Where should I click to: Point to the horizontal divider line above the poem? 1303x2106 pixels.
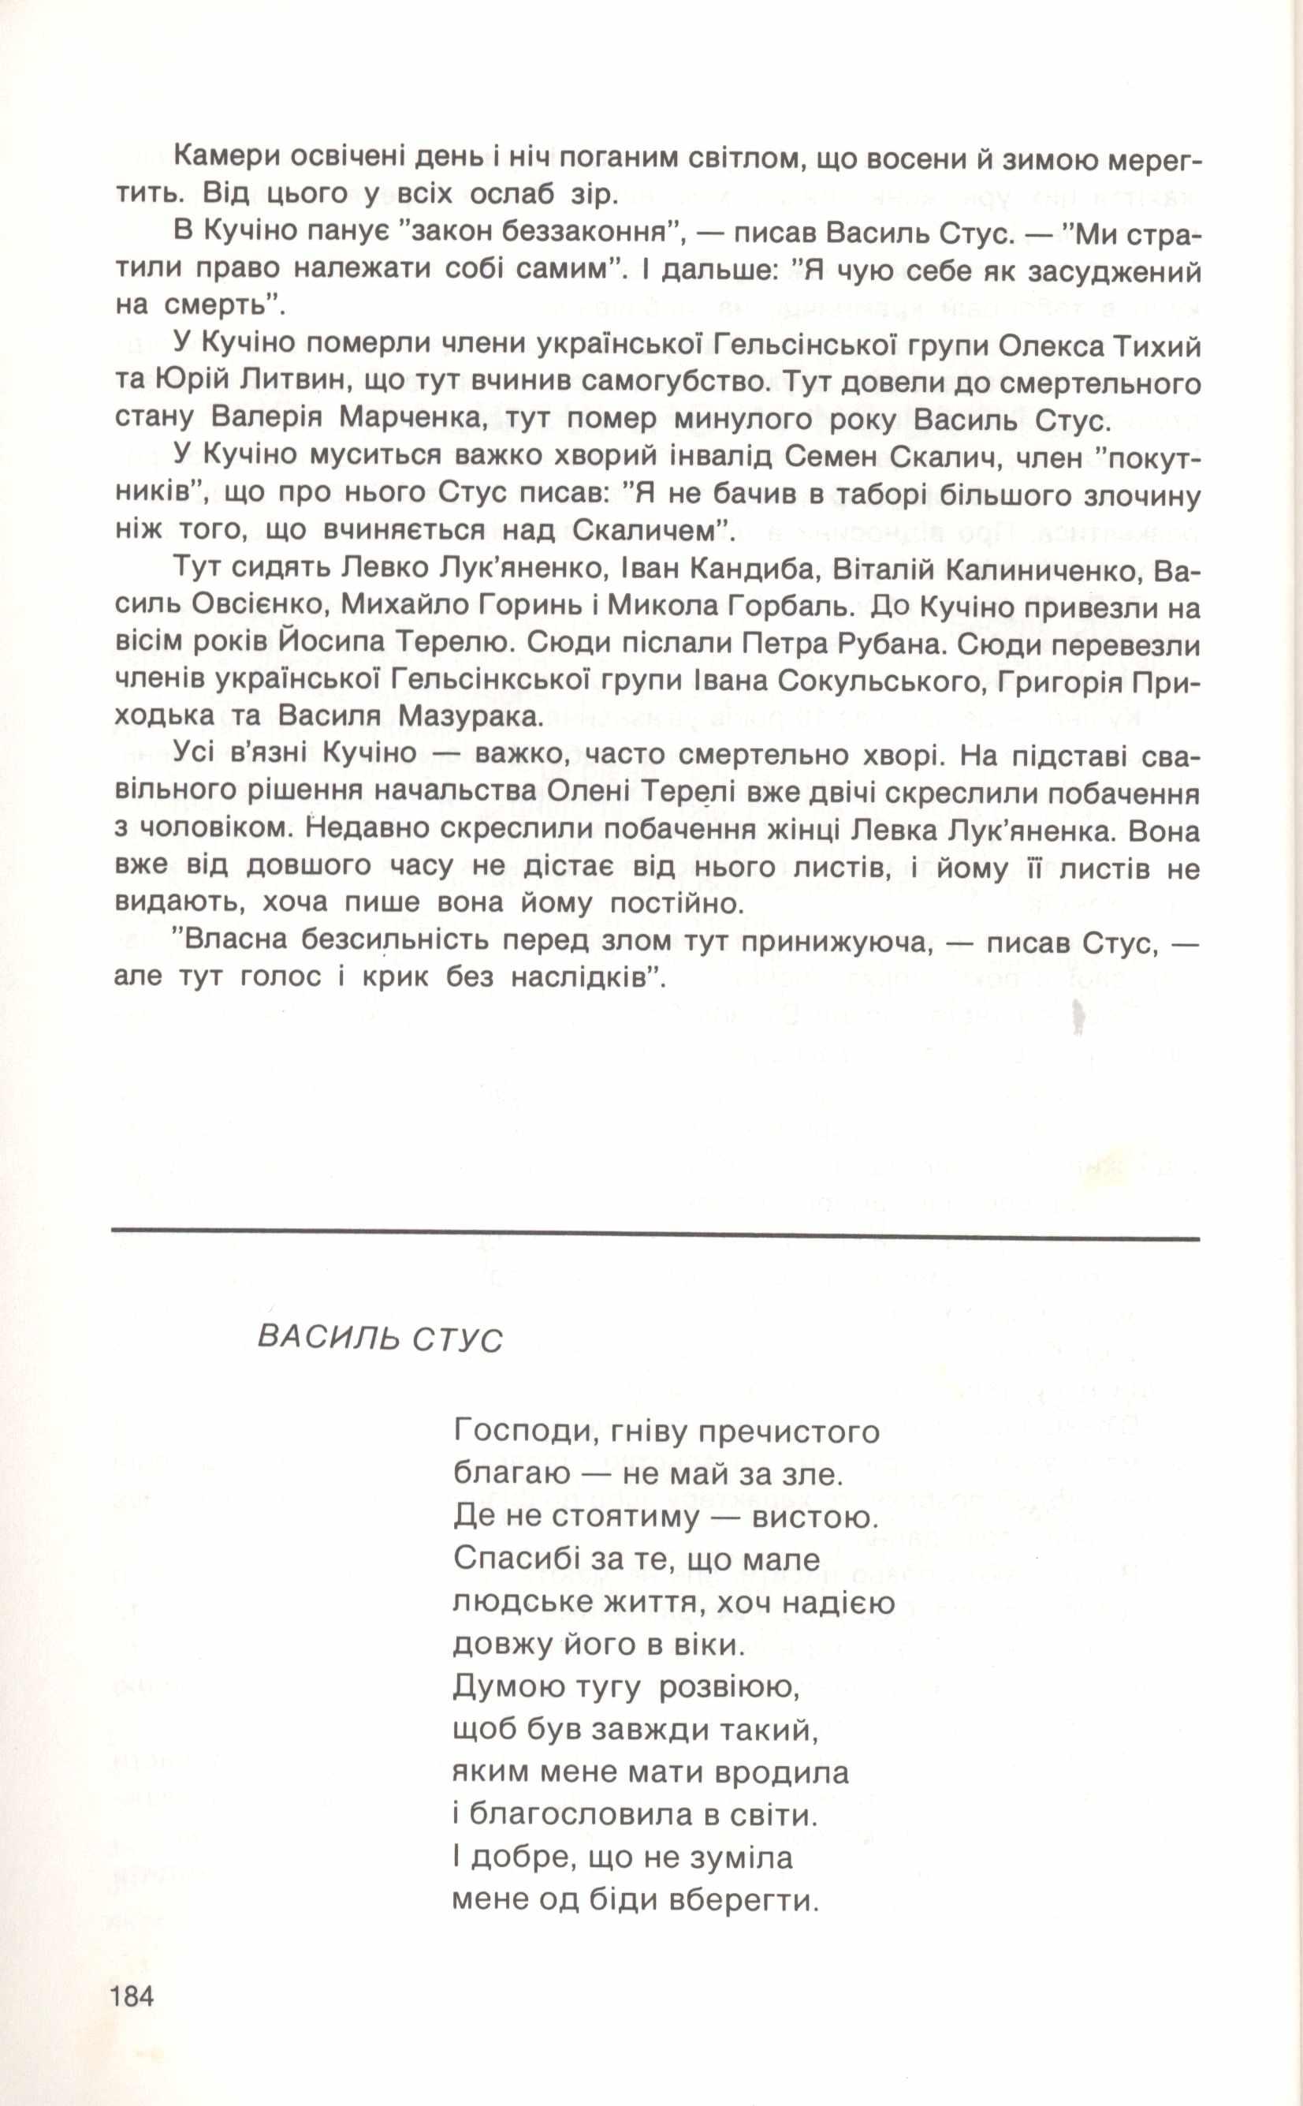(x=655, y=1239)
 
